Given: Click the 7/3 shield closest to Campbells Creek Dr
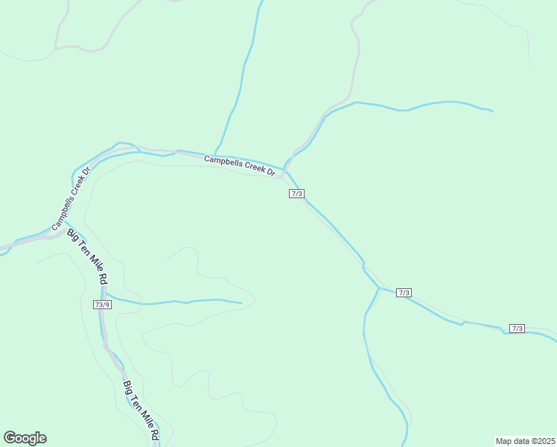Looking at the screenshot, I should click(x=296, y=194).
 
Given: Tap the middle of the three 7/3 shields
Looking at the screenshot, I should click(x=404, y=293).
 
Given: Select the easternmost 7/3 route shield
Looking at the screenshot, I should click(x=518, y=329).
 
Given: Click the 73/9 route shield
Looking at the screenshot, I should click(x=102, y=305).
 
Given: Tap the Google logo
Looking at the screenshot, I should click(x=25, y=438).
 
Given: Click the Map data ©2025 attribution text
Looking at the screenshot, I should click(x=526, y=441).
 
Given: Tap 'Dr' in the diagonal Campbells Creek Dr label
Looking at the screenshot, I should click(x=86, y=172).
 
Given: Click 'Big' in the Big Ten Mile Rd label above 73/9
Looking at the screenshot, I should click(x=72, y=234).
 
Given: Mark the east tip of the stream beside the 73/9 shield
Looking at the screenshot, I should click(x=241, y=302).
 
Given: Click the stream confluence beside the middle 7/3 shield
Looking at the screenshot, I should click(x=380, y=287).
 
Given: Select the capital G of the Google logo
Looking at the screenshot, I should click(x=9, y=437).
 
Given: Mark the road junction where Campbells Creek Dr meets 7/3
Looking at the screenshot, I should click(x=284, y=174).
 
